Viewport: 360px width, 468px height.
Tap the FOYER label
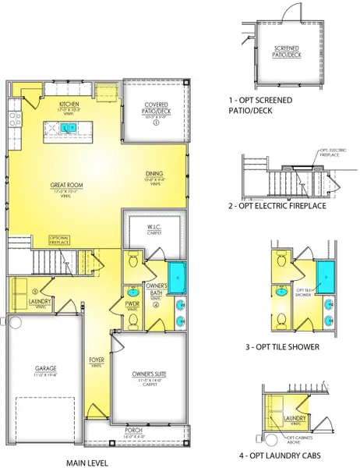pos(97,360)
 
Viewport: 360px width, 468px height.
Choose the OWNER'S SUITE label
pos(148,375)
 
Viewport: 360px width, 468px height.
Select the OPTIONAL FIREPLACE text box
pos(60,239)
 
